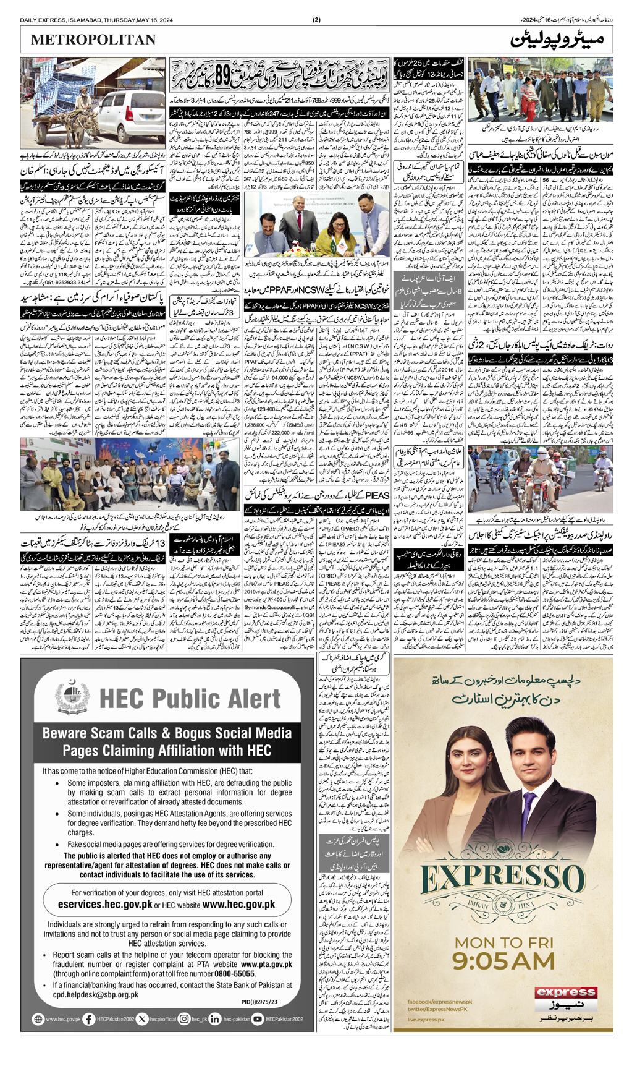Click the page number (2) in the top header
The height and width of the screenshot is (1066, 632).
tap(317, 20)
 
